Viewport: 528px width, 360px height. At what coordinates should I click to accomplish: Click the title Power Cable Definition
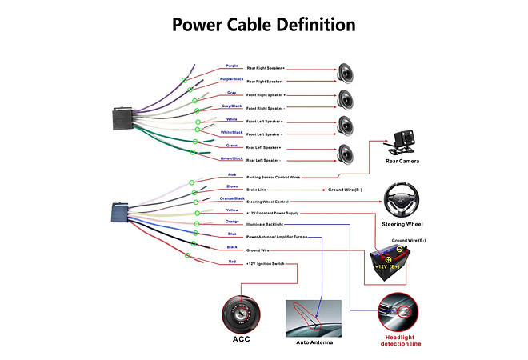pos(264,26)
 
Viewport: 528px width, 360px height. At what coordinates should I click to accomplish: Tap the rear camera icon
pos(399,140)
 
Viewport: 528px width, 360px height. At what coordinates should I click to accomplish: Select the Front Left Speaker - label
pos(266,134)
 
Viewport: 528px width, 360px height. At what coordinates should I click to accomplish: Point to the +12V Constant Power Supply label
pos(272,214)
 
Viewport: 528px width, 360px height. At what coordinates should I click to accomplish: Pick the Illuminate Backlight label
pos(265,225)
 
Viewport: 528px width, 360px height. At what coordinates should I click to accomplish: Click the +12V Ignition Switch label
pos(266,263)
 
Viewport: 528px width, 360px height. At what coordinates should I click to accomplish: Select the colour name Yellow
pos(232,210)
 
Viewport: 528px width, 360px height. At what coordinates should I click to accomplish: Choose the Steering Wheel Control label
pos(267,202)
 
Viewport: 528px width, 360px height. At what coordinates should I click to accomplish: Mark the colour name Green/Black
pos(232,158)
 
